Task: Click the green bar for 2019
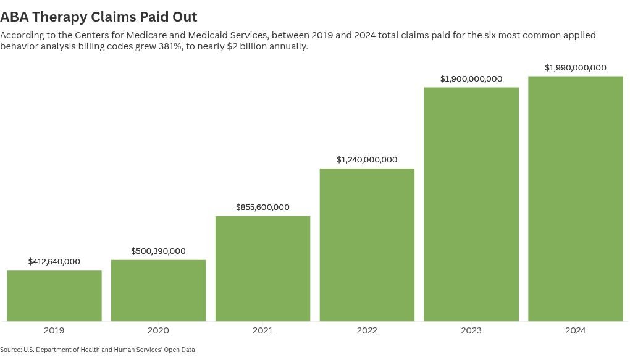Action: (x=54, y=296)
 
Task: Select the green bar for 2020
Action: (x=158, y=290)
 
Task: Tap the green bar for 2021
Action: (x=262, y=269)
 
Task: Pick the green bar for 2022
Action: (x=367, y=245)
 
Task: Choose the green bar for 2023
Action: (x=471, y=204)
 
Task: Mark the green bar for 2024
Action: (x=576, y=198)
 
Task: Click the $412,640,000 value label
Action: (x=54, y=262)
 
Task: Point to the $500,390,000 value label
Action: (x=158, y=251)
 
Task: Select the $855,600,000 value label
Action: (x=262, y=207)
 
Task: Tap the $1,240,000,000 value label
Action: (x=367, y=160)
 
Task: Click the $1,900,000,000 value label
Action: (x=471, y=79)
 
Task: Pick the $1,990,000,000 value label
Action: (x=576, y=67)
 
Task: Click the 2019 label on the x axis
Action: (x=54, y=331)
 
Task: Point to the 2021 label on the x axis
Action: (x=262, y=331)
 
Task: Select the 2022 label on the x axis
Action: (x=367, y=331)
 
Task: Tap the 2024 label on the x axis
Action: (x=576, y=331)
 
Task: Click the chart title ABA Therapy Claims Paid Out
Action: (x=99, y=17)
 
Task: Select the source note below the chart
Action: (x=98, y=350)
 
